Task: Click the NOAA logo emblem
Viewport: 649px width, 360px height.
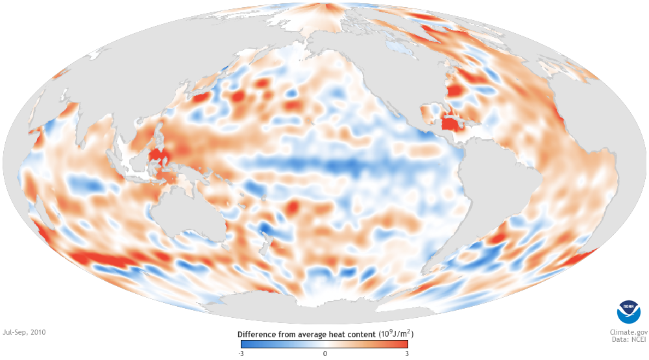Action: pos(628,313)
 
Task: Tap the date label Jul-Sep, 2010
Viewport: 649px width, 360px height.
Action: pos(24,331)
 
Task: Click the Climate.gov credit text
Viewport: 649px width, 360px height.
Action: pos(624,330)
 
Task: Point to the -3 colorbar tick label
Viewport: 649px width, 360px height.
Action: pos(241,353)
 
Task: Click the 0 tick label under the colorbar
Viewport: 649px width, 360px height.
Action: pos(324,353)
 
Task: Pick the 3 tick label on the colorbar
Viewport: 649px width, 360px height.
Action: pos(407,353)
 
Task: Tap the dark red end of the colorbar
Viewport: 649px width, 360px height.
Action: pos(402,344)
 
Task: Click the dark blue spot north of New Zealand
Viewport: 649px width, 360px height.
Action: pos(265,229)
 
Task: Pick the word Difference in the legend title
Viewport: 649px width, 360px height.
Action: pos(259,334)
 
